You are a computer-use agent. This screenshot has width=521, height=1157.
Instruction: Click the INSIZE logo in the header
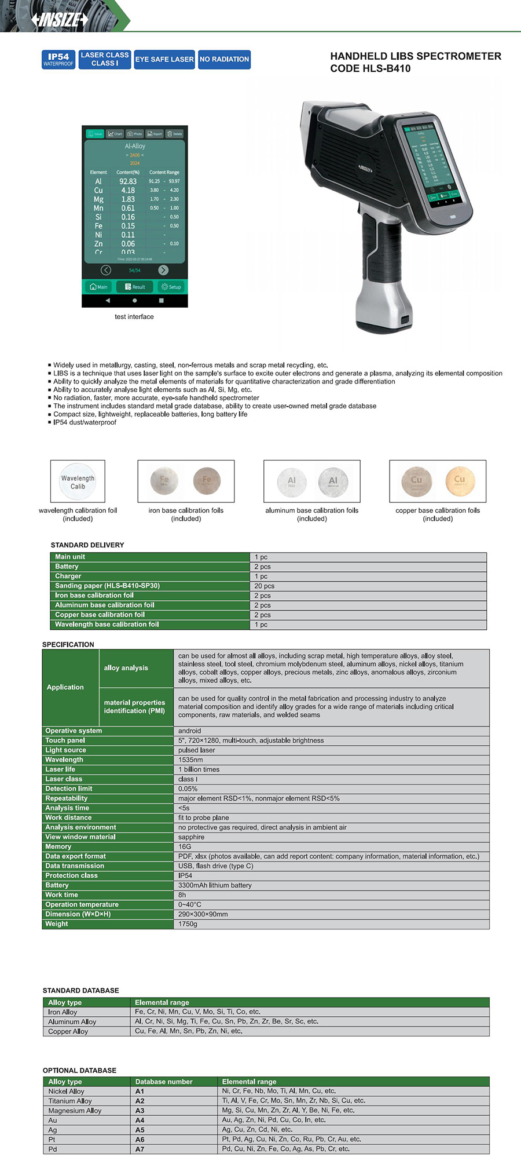coord(60,20)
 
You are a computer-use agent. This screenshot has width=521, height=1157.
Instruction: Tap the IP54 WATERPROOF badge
coord(58,60)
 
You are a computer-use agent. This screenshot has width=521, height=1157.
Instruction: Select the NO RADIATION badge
coord(224,60)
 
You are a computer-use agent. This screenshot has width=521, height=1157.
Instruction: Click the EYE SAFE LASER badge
coord(164,60)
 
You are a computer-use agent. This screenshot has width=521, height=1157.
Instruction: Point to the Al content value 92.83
coord(128,181)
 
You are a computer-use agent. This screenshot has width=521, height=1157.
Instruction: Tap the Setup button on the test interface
coord(171,287)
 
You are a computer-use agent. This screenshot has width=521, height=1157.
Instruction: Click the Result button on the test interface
coord(135,287)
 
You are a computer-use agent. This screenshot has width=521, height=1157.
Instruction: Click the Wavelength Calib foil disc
coord(78,481)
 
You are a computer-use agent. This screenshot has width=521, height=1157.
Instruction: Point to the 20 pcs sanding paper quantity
coord(265,586)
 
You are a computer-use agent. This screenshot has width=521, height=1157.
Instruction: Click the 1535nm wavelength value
coord(190,760)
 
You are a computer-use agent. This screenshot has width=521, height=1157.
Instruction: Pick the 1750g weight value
coord(188,924)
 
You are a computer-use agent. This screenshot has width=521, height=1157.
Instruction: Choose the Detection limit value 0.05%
coord(188,789)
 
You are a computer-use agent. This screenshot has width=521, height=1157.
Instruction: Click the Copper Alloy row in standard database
coord(68,1031)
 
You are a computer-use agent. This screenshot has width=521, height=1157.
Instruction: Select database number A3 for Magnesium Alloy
coord(140,1111)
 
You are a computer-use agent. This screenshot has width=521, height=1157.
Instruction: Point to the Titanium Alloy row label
coord(70,1101)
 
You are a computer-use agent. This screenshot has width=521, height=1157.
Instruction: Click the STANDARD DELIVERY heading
coord(87,545)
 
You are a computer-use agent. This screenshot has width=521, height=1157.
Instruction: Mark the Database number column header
coord(164,1082)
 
